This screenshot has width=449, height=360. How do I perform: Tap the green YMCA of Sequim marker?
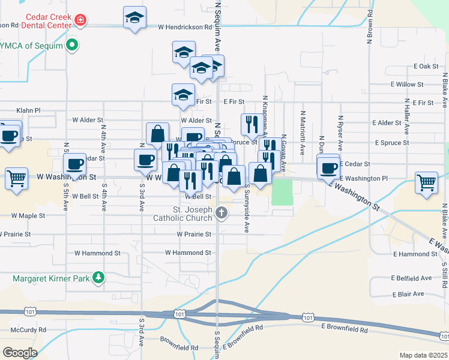coord(73,44)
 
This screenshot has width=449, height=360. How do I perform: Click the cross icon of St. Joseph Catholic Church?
coord(221,212)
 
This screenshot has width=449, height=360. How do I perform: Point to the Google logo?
coord(20,352)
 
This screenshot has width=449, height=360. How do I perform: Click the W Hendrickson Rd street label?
coord(185,27)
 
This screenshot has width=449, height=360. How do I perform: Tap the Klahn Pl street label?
coord(28,111)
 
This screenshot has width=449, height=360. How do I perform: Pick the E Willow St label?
coord(406,85)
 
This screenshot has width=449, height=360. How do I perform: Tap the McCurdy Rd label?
coord(28,330)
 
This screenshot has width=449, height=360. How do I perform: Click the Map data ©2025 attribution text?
coord(423,355)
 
